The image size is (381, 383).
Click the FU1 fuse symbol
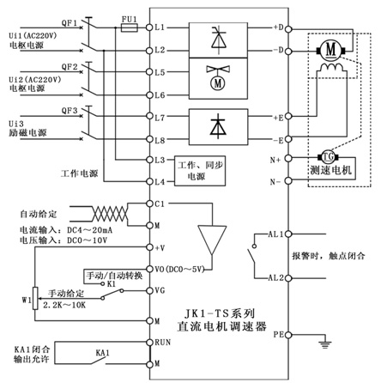130,27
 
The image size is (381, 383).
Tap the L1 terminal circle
149,27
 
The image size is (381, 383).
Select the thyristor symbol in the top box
219,40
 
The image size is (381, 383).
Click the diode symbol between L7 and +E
218,126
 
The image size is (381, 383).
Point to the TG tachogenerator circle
328,157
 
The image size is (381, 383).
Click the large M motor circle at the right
330,51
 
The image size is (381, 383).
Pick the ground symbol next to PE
325,344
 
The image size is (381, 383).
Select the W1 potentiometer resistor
35,298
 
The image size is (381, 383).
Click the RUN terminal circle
149,342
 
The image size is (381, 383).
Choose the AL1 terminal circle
288,234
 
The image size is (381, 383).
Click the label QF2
70,67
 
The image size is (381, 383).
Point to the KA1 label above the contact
102,353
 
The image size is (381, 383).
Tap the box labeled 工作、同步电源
200,171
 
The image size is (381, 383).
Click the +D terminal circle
288,29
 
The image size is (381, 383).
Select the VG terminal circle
149,291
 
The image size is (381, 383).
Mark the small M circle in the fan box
218,83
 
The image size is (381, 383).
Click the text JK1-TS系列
219,313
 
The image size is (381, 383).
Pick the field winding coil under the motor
331,68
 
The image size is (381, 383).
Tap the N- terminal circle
288,180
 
